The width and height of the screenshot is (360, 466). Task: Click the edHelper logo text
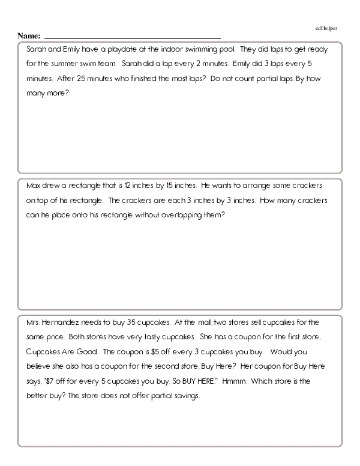(x=326, y=28)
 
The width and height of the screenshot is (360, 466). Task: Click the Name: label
(x=29, y=36)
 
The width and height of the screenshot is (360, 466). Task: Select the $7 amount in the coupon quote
(x=50, y=380)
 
